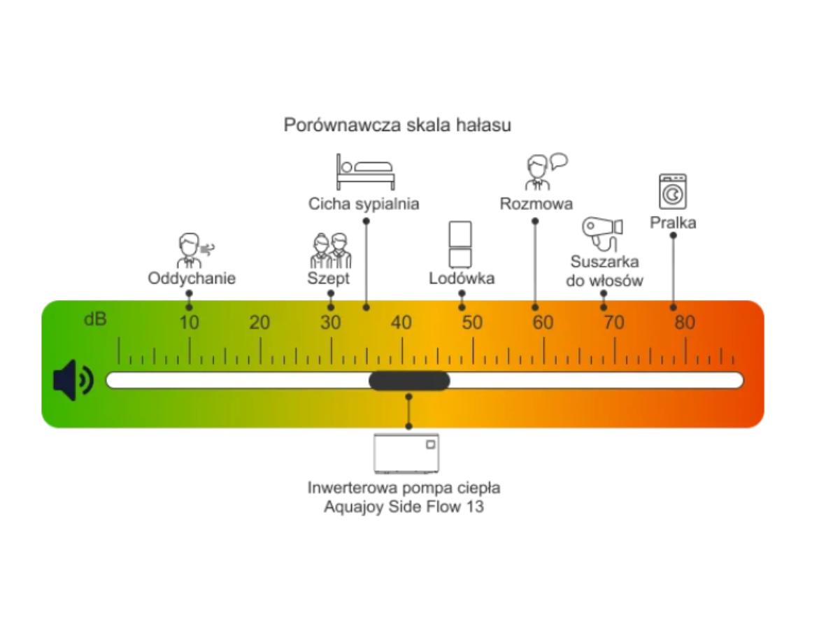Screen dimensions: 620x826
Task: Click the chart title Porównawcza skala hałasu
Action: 397,125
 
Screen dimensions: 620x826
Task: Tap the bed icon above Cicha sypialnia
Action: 365,172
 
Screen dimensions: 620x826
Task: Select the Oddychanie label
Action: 192,279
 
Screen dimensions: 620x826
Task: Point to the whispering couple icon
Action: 330,251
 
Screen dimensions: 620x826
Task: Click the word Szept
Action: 328,279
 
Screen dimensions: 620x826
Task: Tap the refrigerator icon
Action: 460,244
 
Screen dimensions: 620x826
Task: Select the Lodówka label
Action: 462,279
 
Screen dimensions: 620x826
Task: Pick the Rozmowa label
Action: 536,204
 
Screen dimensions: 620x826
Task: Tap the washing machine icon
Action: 673,192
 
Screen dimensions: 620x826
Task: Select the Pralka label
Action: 673,223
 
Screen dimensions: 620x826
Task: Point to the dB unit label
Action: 96,320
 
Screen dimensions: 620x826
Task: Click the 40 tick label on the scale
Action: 401,323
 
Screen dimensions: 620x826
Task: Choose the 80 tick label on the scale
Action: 685,323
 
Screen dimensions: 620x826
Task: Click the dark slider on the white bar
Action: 409,381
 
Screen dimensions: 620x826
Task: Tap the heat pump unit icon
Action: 406,453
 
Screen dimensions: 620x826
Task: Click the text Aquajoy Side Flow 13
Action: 404,507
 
